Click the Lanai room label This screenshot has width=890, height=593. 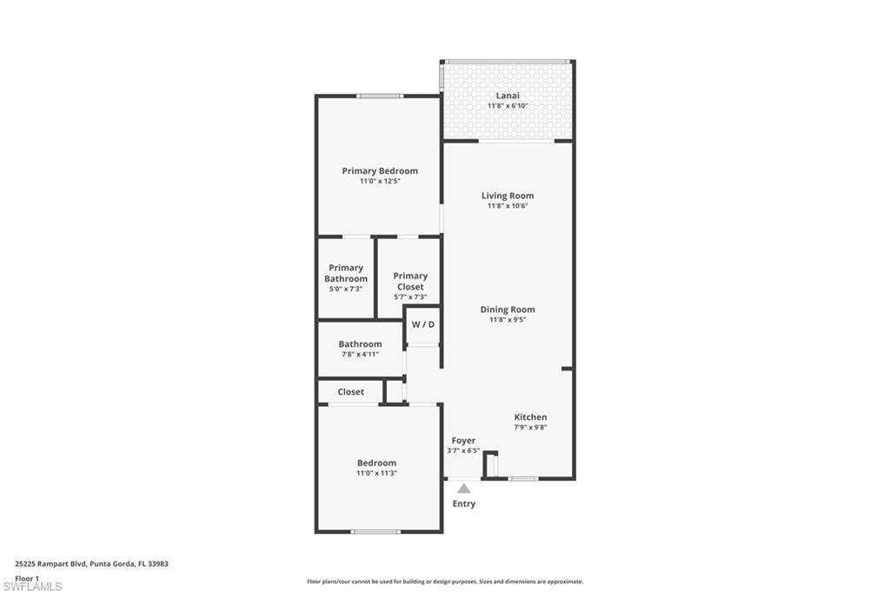tap(508, 95)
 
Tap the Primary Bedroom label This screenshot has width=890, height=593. tap(380, 171)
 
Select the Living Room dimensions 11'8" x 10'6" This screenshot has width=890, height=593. tap(508, 206)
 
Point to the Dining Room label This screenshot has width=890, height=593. tap(508, 310)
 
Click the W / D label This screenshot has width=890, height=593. tap(422, 324)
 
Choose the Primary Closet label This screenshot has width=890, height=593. tap(410, 281)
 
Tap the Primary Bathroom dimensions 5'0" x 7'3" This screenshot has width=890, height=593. tap(346, 289)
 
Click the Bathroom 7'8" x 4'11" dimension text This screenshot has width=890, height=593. tap(359, 354)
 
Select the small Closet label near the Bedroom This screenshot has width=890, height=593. tap(351, 392)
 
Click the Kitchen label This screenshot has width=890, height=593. tap(530, 417)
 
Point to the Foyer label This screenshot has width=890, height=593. tap(463, 441)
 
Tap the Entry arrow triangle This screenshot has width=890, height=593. tap(464, 489)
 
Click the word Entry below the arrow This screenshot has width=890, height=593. tap(464, 504)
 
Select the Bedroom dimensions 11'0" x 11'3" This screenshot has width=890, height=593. tap(376, 473)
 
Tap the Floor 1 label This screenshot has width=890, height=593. tap(27, 577)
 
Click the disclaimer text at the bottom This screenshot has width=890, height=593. tap(444, 582)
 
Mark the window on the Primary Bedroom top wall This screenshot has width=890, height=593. tap(379, 96)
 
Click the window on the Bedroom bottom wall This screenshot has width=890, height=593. tap(375, 531)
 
